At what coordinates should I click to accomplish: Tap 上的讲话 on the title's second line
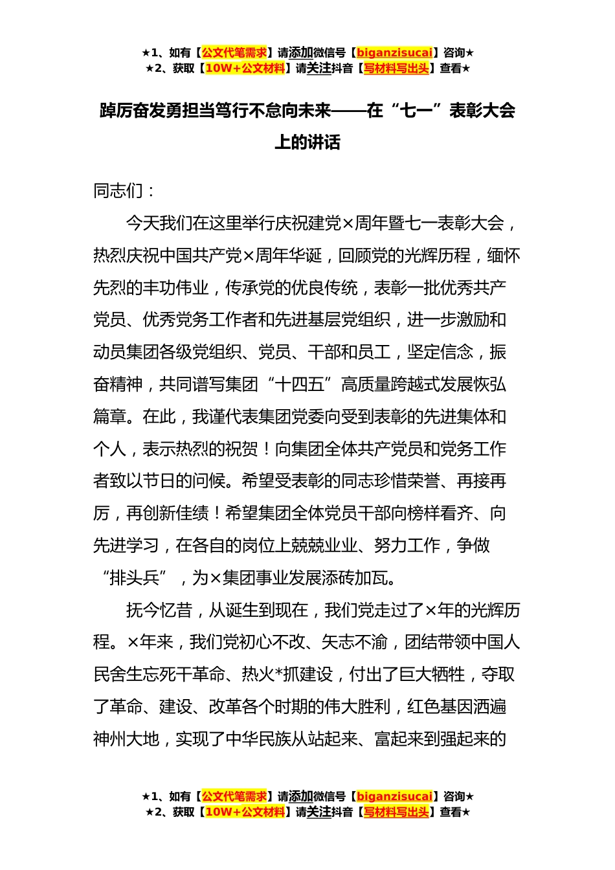point(307,142)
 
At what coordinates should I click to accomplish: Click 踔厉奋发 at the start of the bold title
point(133,111)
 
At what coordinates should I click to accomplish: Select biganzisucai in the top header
point(394,53)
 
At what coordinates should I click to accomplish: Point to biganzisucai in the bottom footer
point(394,797)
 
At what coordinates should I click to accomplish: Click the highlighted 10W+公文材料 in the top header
point(245,69)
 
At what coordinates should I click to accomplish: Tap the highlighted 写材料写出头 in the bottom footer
point(396,812)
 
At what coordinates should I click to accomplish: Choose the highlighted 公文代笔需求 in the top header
point(234,53)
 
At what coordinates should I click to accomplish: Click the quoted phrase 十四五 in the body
point(300,385)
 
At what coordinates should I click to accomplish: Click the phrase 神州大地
point(126,739)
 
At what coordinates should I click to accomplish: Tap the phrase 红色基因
point(440,707)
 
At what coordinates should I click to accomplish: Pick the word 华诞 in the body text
point(305,256)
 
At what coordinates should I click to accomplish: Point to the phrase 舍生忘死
point(159,675)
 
